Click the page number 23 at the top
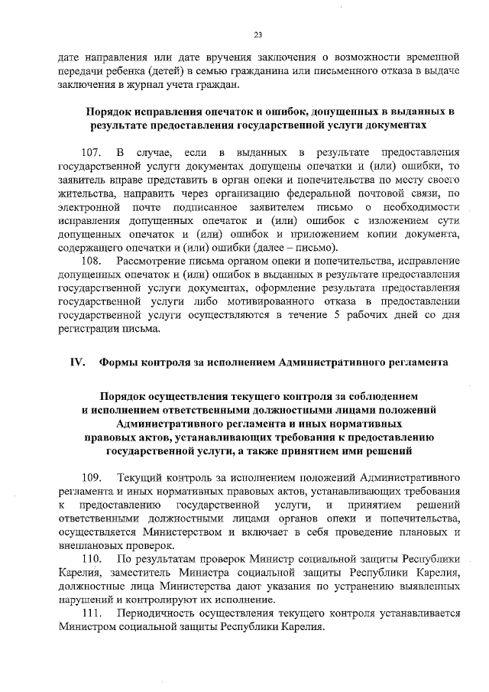[x=258, y=34]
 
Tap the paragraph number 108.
[x=92, y=262]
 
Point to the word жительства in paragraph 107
[x=86, y=195]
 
